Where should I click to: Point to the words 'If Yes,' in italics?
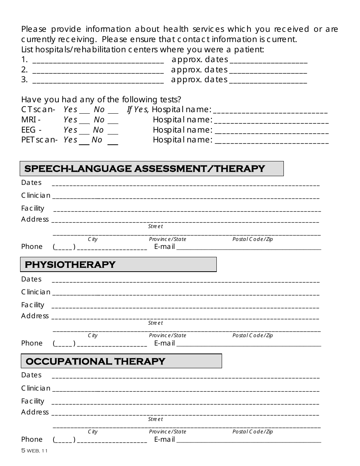(138, 110)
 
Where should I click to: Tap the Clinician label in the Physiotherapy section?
(36, 292)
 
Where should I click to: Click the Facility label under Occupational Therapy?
(33, 401)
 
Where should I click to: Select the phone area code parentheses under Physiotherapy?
(64, 344)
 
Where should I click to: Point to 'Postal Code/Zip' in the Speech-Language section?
(252, 239)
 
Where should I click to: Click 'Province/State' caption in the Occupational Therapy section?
(167, 432)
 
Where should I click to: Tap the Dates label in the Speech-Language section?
(31, 183)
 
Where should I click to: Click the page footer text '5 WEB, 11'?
(34, 451)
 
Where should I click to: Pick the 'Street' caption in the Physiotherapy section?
(155, 323)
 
